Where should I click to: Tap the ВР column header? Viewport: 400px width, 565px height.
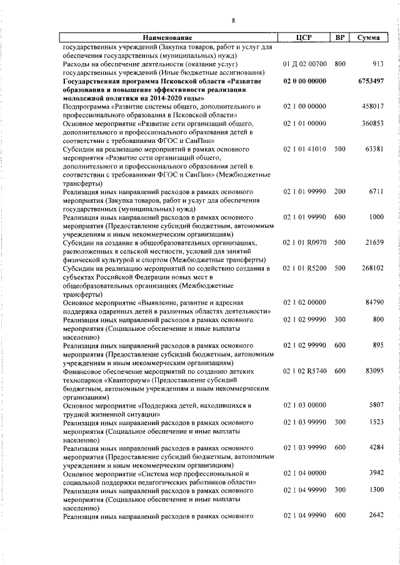340,38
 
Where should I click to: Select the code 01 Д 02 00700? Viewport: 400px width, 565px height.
304,64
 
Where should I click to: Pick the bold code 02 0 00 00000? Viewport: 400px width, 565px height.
304,82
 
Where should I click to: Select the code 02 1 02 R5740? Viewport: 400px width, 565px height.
304,371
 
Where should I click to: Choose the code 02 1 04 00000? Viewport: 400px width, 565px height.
304,473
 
